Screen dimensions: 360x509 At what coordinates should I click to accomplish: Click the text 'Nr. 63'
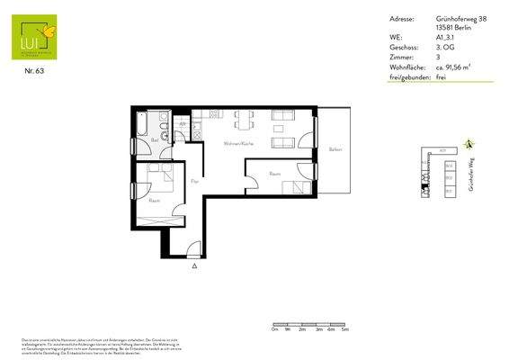pyautogui.click(x=33, y=71)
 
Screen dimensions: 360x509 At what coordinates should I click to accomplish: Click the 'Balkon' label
pyautogui.click(x=335, y=149)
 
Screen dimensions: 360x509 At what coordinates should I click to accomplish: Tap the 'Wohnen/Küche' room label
pyautogui.click(x=231, y=144)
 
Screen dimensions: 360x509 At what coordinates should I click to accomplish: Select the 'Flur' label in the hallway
pyautogui.click(x=194, y=183)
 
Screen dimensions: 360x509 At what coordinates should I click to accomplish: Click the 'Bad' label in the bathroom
pyautogui.click(x=155, y=140)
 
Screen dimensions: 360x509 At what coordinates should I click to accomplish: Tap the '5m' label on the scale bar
pyautogui.click(x=345, y=330)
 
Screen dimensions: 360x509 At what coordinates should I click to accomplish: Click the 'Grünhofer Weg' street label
pyautogui.click(x=470, y=172)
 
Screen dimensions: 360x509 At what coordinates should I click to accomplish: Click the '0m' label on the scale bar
pyautogui.click(x=273, y=330)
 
